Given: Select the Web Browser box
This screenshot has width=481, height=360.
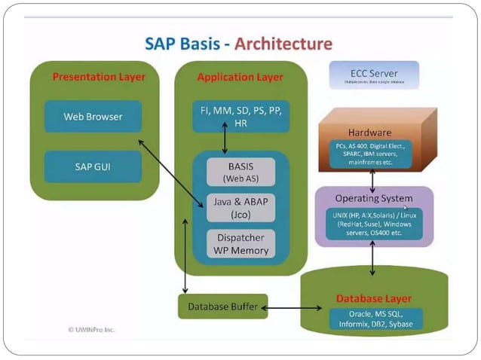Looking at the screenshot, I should (x=93, y=117).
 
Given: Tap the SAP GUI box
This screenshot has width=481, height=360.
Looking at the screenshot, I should (x=93, y=166).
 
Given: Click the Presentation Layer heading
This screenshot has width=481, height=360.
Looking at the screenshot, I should (x=99, y=77).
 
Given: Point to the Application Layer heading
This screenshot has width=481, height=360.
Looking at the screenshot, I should (x=240, y=77).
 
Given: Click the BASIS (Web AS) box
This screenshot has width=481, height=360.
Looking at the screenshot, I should (x=240, y=172).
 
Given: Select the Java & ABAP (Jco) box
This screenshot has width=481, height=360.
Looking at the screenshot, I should (x=240, y=208).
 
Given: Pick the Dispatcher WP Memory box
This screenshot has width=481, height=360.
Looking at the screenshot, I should (x=240, y=243).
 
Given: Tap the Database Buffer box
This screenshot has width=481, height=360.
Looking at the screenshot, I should (x=222, y=307).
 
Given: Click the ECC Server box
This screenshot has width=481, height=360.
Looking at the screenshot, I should (x=373, y=75).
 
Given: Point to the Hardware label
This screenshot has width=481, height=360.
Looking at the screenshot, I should (x=369, y=132).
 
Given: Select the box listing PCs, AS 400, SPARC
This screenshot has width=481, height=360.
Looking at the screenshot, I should (x=370, y=153).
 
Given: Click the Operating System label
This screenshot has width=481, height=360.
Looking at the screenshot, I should (x=374, y=199).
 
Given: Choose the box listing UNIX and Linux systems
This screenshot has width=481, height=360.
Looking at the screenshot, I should (x=374, y=223).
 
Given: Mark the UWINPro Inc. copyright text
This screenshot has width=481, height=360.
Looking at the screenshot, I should (x=91, y=329).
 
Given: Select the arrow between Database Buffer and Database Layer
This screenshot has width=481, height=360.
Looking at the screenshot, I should (x=298, y=307).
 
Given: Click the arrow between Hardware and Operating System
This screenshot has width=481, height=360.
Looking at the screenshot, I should (x=372, y=179).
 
